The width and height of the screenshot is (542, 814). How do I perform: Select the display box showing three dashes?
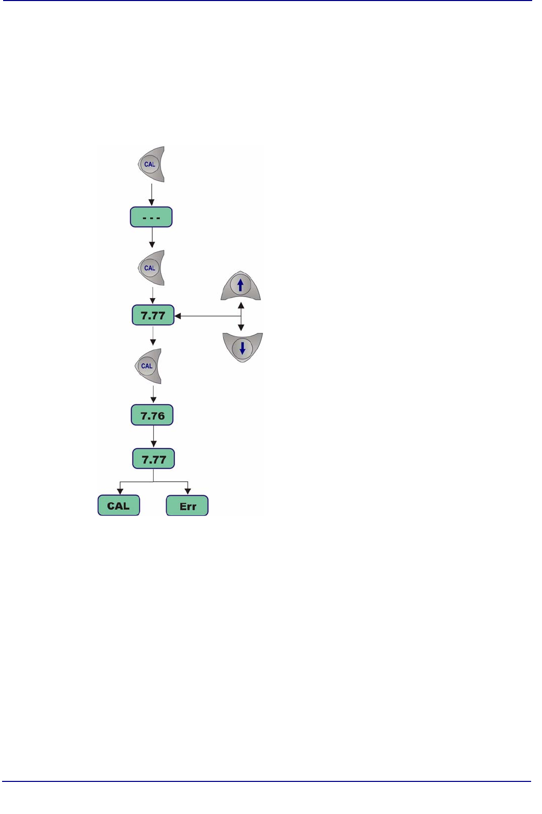(151, 217)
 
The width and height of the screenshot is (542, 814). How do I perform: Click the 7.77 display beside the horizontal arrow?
(153, 316)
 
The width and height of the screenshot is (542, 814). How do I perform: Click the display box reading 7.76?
(152, 416)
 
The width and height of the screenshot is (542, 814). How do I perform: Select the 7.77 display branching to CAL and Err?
(154, 459)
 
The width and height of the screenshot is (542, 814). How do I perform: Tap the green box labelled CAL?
(119, 506)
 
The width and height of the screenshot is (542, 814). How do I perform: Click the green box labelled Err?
(187, 506)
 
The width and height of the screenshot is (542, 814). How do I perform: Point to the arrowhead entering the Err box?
(187, 491)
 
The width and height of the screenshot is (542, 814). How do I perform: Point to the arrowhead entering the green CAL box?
(120, 491)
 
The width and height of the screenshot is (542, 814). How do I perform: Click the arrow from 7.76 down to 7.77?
(153, 437)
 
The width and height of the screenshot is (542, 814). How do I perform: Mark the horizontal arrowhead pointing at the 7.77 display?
(178, 316)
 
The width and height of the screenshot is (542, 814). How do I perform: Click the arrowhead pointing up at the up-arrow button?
(241, 306)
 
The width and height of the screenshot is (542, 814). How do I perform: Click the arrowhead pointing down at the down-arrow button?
(241, 327)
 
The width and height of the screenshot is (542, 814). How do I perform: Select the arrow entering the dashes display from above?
(152, 195)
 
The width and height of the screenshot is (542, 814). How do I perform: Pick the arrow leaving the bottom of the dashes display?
(152, 238)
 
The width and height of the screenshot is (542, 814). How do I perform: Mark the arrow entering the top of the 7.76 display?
(153, 395)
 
